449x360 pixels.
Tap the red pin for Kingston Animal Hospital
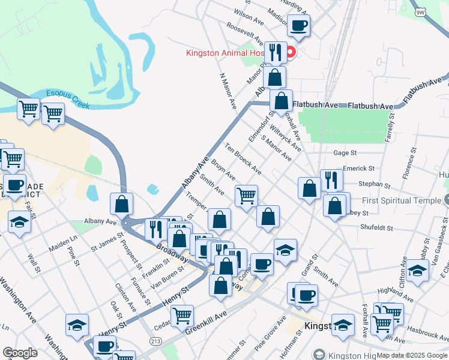291,52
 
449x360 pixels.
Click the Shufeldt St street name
376,228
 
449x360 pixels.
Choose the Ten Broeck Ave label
243,157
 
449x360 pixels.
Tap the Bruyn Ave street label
223,170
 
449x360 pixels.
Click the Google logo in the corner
20,353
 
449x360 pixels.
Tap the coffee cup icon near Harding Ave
298,26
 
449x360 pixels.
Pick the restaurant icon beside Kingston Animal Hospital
275,52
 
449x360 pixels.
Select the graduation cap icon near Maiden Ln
20,222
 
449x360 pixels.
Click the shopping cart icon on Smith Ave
246,196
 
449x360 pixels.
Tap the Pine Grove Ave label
270,332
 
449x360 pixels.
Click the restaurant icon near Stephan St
331,179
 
